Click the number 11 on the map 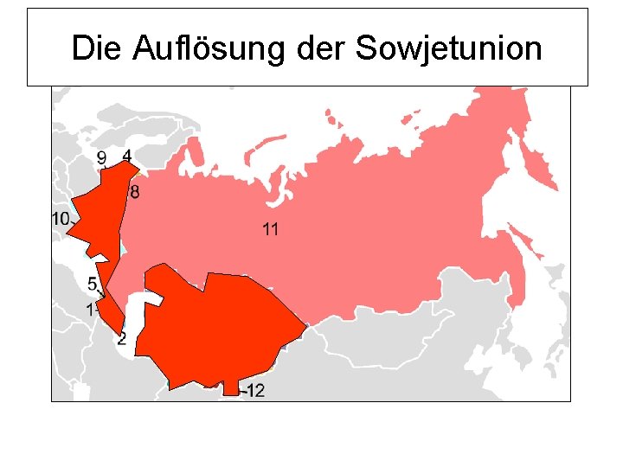[270, 229]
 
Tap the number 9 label [102, 158]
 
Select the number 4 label [127, 156]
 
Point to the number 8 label [134, 192]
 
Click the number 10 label [60, 220]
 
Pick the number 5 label [92, 284]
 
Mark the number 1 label [90, 309]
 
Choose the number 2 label [121, 338]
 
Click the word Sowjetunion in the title [448, 48]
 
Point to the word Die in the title [97, 48]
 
